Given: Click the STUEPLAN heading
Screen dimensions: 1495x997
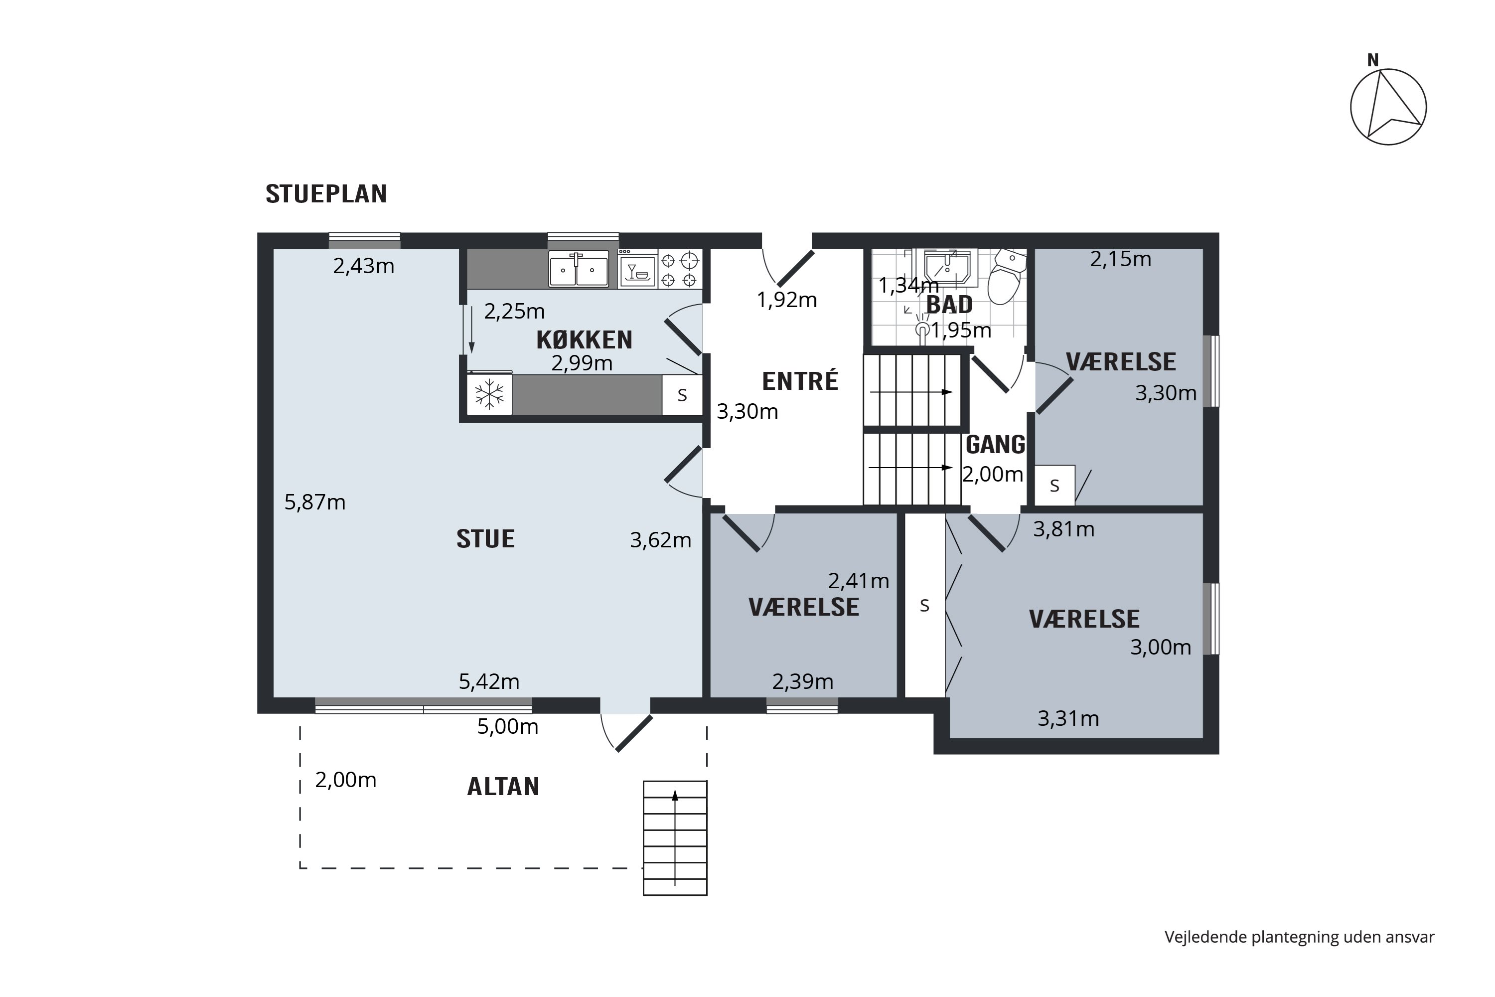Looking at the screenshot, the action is [x=326, y=194].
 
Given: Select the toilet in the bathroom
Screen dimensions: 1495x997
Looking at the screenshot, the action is [x=1007, y=277].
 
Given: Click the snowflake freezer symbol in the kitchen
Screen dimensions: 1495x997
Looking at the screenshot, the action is [x=489, y=394].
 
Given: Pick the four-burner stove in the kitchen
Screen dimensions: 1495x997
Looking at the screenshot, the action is [x=680, y=269].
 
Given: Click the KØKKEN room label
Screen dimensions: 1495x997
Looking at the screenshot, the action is [x=584, y=340].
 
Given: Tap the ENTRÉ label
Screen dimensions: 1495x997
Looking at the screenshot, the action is [x=800, y=381].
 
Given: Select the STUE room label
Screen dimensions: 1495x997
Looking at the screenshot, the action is [x=485, y=539].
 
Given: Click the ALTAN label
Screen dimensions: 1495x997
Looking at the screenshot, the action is [x=503, y=787].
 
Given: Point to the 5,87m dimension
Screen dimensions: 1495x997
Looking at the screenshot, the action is [x=314, y=502].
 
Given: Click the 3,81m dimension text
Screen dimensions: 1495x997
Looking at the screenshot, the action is [x=1063, y=529].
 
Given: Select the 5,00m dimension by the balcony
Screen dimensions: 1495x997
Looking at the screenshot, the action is [x=508, y=726].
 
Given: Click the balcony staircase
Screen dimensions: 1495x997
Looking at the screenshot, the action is [x=675, y=838].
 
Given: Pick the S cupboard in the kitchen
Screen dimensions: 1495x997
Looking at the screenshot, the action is [x=682, y=395].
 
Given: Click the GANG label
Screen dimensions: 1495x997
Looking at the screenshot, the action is [x=995, y=445].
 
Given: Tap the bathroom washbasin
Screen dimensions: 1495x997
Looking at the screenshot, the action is [x=947, y=268].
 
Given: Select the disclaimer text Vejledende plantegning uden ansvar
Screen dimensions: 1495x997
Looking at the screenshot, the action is [x=1299, y=937].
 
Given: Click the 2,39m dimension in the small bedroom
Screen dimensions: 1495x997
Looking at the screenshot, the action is [x=803, y=681].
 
